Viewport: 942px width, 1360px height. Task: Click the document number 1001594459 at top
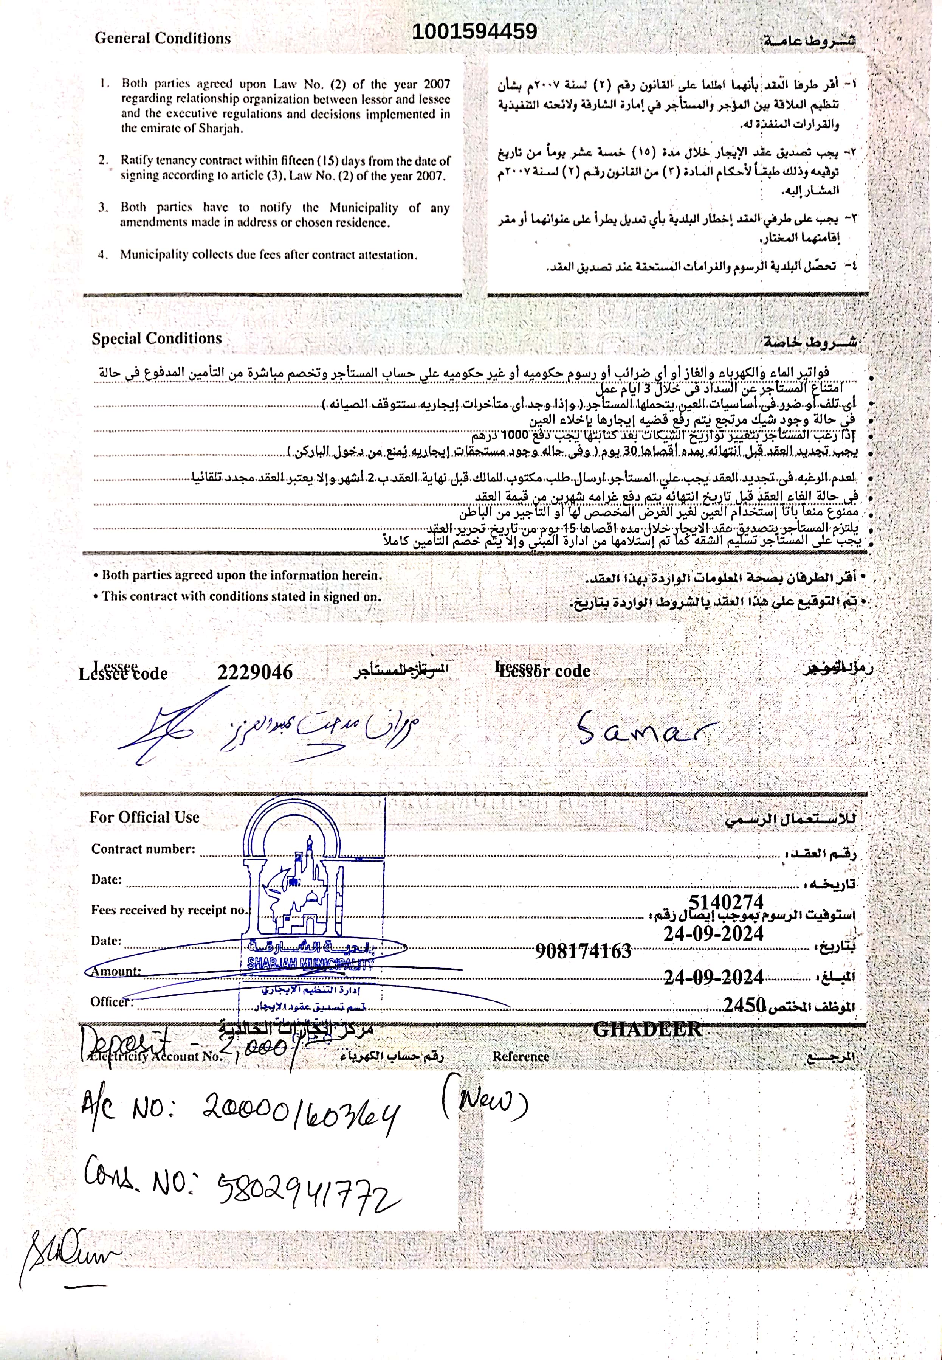474,31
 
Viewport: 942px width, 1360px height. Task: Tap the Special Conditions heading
156,339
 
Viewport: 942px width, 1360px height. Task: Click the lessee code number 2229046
255,672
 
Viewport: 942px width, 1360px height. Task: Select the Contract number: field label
143,849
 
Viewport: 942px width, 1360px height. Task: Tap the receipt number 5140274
726,902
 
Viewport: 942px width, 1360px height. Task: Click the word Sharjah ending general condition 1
222,129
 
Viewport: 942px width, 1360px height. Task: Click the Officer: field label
112,1002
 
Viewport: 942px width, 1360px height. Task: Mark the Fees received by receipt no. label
170,910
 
